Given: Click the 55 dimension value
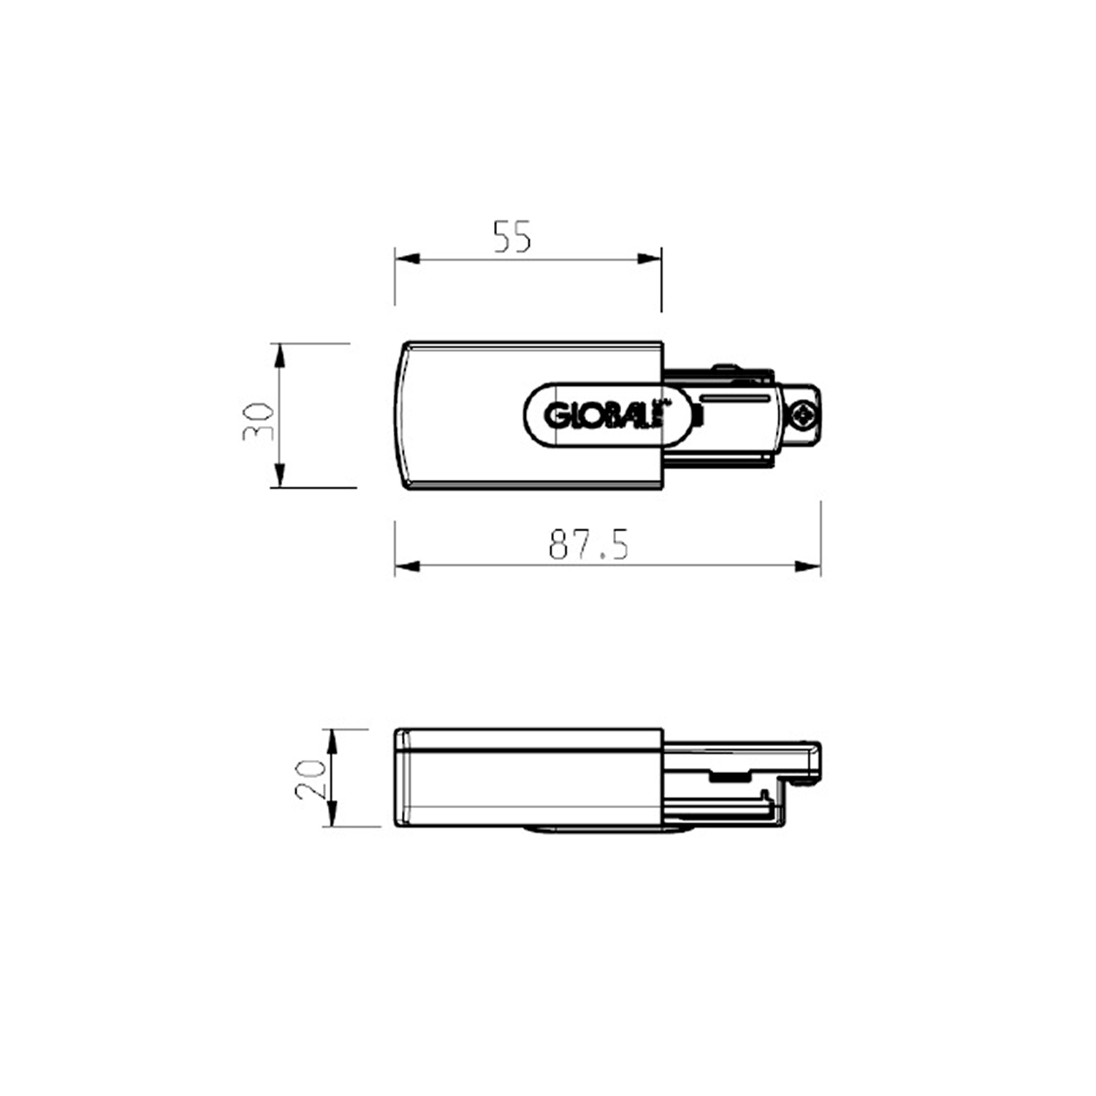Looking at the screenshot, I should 512,237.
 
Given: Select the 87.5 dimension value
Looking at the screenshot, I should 588,544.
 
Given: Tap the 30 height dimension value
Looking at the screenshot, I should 259,422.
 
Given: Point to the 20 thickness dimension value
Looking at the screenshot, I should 311,778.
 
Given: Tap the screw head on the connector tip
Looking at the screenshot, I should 803,416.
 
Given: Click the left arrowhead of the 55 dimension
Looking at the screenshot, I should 408,259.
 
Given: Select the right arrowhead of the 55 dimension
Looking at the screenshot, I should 649,259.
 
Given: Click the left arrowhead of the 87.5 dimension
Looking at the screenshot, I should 408,566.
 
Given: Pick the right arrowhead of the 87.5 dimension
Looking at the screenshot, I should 807,566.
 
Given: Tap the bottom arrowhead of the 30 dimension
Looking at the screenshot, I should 278,475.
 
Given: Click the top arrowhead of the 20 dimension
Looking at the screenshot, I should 332,741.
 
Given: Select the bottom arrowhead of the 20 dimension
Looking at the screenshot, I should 332,814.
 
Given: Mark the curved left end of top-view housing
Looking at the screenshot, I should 400,415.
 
